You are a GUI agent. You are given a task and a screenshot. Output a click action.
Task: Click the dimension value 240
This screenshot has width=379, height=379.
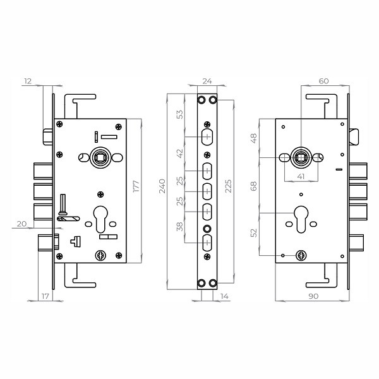(x=162, y=186)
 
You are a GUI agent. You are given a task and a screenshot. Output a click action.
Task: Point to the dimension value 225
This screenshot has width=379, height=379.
(x=228, y=186)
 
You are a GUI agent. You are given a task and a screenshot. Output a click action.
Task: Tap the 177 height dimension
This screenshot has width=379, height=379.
(x=136, y=186)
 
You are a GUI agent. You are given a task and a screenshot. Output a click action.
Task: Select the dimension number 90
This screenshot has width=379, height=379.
(x=313, y=296)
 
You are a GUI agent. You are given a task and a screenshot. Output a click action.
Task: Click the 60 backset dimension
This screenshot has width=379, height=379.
(x=323, y=81)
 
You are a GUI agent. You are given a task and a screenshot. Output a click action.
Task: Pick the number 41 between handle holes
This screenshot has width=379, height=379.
(x=301, y=176)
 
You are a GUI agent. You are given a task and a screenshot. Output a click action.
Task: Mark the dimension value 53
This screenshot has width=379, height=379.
(x=180, y=114)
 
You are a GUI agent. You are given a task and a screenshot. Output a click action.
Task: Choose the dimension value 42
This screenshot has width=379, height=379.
(x=180, y=153)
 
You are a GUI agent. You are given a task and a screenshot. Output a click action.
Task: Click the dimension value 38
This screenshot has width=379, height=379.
(x=179, y=227)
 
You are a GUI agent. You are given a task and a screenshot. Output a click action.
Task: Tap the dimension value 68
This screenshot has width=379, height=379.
(x=253, y=186)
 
